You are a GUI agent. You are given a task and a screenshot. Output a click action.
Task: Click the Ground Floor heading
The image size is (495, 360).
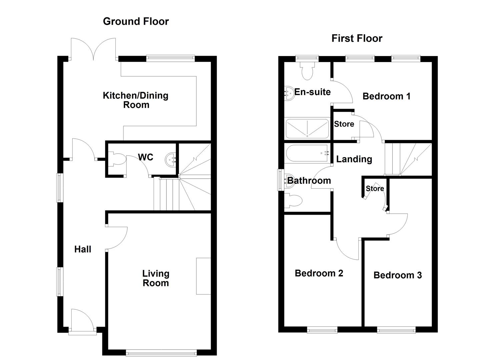pos(136,21)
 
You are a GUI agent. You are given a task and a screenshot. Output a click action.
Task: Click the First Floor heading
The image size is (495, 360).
pos(357,38)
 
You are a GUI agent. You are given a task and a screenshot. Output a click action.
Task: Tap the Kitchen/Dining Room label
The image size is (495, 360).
pos(136,100)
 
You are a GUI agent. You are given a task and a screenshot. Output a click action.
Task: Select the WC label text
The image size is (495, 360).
pos(145,157)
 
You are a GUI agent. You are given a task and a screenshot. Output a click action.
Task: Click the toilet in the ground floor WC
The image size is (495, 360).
pos(117,159)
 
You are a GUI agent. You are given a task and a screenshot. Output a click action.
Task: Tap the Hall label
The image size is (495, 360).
pos(83,249)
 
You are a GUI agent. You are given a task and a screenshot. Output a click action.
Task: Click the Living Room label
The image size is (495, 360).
pos(156,278)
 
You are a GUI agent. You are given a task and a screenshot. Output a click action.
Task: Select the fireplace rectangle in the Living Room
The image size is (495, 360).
pos(204,276)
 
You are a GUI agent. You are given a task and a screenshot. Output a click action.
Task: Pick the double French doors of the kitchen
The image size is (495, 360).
pos(93,49)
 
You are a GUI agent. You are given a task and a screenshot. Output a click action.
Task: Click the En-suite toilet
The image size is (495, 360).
pos(307,70)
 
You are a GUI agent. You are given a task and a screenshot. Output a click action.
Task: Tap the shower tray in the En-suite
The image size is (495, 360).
pos(307,129)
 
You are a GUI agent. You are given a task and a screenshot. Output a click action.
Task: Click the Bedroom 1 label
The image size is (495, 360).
pos(386,96)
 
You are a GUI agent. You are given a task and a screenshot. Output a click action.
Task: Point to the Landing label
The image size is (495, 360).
pos(354,159)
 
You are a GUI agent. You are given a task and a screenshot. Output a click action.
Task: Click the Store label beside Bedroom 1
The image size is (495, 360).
pos(344,124)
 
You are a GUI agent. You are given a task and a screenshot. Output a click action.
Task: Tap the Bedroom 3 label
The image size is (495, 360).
pos(398,275)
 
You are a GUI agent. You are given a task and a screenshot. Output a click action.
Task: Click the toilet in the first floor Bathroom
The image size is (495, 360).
pos(293,200)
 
